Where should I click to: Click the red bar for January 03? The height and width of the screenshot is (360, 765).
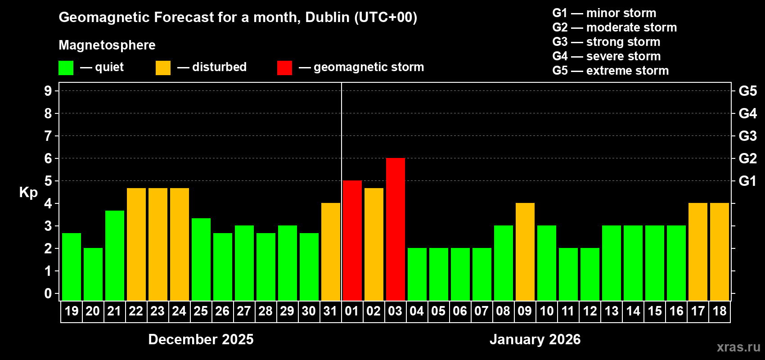tap(396, 229)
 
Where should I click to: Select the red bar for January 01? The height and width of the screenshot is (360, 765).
tap(352, 240)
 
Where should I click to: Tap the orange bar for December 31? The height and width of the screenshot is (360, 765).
tap(331, 252)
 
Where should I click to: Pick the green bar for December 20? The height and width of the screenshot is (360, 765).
tap(93, 274)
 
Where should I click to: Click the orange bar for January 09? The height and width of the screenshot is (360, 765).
tap(525, 252)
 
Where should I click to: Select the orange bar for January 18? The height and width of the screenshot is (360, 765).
tap(720, 252)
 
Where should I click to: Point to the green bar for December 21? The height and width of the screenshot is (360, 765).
tap(115, 255)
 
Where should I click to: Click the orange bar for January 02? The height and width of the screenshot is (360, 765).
tap(374, 244)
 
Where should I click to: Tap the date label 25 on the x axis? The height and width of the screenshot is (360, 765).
tap(201, 311)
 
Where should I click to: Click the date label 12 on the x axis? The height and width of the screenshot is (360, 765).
tap(589, 311)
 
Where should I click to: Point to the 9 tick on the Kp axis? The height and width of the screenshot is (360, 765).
tap(48, 91)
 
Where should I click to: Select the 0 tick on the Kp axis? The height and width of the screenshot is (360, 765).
tap(48, 293)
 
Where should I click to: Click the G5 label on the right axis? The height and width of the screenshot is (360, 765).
tap(747, 91)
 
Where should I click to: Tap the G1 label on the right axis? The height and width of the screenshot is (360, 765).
tap(747, 181)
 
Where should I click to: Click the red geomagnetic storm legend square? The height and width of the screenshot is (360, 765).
tap(284, 68)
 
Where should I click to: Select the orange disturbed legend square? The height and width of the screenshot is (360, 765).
tap(163, 68)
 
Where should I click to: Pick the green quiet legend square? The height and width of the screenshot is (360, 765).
tap(66, 68)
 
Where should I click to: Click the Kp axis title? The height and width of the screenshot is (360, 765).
tap(28, 192)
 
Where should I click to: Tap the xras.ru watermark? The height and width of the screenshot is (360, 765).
tap(738, 346)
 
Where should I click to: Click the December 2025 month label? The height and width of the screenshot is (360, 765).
tap(201, 339)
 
